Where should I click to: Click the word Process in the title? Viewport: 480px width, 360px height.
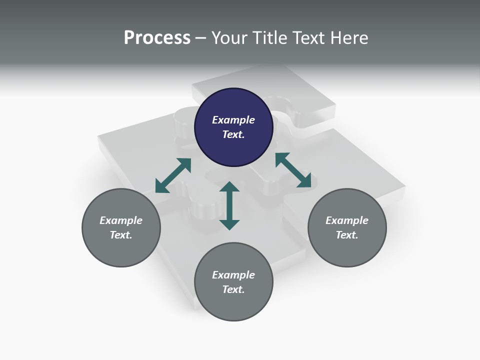pyautogui.click(x=157, y=38)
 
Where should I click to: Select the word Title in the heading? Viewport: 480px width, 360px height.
pyautogui.click(x=269, y=38)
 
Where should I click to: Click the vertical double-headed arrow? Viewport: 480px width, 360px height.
pyautogui.click(x=229, y=205)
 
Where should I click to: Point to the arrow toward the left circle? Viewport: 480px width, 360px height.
pyautogui.click(x=173, y=175)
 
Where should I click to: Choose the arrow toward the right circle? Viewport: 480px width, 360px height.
pyautogui.click(x=293, y=170)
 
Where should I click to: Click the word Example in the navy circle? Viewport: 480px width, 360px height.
pyautogui.click(x=233, y=120)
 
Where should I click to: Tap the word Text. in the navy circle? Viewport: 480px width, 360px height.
pyautogui.click(x=233, y=134)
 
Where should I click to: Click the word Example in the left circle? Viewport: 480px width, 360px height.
pyautogui.click(x=121, y=220)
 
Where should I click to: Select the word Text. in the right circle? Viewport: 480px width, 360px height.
pyautogui.click(x=347, y=235)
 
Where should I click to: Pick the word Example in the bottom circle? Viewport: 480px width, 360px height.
pyautogui.click(x=233, y=275)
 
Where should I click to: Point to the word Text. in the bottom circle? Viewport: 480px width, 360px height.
pyautogui.click(x=233, y=289)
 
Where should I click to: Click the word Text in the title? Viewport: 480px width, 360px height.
pyautogui.click(x=308, y=38)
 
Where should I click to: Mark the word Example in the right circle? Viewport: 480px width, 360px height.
pyautogui.click(x=347, y=220)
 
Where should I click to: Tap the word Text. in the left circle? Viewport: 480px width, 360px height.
pyautogui.click(x=121, y=235)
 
